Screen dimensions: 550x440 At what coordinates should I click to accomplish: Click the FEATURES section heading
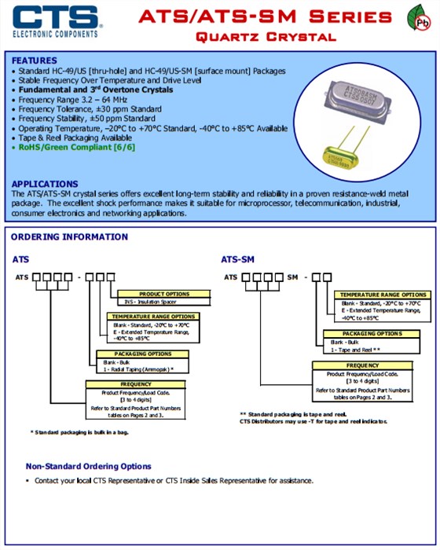[x=34, y=60]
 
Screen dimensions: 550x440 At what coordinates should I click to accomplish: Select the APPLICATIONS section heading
[x=45, y=183]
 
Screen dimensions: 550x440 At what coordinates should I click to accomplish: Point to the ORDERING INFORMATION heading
[x=69, y=236]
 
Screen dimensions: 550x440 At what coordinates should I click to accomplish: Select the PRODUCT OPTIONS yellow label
[x=164, y=294]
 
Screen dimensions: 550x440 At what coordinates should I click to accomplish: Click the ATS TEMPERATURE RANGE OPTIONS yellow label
[x=154, y=316]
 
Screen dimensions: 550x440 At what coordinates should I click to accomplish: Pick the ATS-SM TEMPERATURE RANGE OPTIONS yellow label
[x=383, y=295]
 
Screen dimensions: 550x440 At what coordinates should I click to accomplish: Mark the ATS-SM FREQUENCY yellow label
[x=362, y=365]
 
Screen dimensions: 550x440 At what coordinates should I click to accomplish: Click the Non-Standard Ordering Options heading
[x=88, y=466]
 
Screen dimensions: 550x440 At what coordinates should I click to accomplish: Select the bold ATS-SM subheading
[x=236, y=258]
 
